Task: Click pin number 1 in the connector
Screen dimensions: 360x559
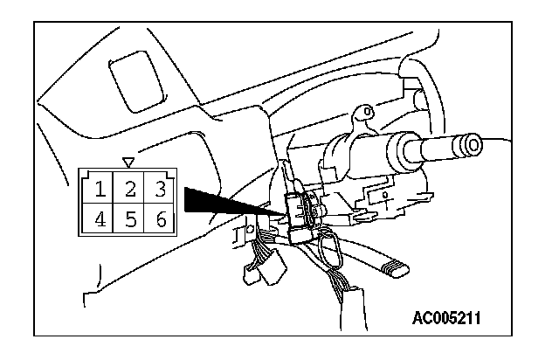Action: [101, 188]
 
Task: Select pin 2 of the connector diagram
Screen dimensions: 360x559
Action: [129, 188]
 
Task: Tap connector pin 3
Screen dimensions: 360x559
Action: [157, 188]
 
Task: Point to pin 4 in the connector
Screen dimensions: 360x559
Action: [101, 218]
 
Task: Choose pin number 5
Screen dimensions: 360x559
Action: [129, 218]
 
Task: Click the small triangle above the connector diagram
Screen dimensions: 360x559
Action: [129, 162]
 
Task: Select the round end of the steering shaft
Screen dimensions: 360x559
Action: [473, 144]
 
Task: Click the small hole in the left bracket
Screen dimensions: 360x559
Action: [250, 229]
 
